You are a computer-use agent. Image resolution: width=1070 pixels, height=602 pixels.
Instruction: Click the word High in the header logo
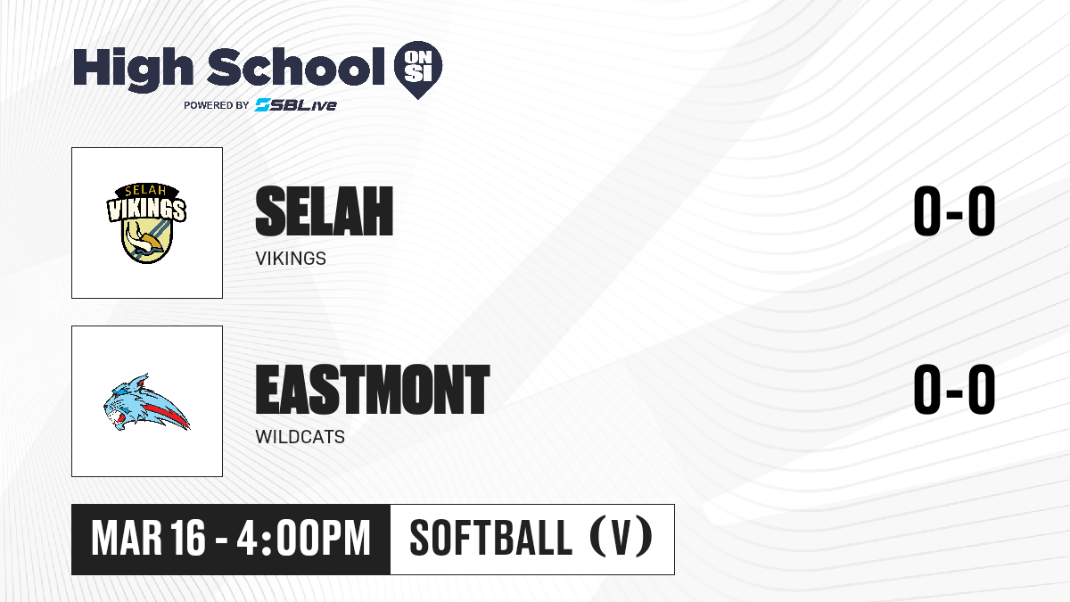[133, 70]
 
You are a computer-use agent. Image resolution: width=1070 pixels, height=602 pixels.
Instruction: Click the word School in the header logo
[296, 67]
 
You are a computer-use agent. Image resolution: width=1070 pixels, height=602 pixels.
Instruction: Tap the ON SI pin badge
[418, 70]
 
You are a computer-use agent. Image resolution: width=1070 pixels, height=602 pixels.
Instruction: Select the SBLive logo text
[296, 105]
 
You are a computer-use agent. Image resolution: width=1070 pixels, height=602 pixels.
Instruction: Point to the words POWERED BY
[217, 105]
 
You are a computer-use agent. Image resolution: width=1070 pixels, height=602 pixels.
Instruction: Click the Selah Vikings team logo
[146, 223]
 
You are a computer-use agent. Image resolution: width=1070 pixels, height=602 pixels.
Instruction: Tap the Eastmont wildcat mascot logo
[146, 402]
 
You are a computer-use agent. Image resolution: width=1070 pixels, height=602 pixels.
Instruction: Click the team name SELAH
[325, 211]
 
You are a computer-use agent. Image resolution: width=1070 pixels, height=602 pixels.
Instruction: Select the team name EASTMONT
[373, 390]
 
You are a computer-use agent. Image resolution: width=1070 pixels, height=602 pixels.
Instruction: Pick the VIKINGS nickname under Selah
[291, 259]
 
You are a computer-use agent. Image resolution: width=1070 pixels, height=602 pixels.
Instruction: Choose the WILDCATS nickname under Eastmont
[300, 437]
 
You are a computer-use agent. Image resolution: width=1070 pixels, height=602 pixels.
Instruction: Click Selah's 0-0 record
[954, 211]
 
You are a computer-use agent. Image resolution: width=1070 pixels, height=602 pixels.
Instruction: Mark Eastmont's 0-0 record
[954, 390]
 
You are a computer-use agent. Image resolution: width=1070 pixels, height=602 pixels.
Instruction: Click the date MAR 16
[149, 539]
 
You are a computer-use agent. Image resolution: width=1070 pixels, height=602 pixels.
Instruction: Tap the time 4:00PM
[304, 539]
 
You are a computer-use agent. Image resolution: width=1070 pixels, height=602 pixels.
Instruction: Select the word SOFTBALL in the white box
[491, 539]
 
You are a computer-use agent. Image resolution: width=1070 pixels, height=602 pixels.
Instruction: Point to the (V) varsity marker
[621, 539]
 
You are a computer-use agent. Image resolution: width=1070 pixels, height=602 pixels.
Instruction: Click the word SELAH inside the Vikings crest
[145, 191]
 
